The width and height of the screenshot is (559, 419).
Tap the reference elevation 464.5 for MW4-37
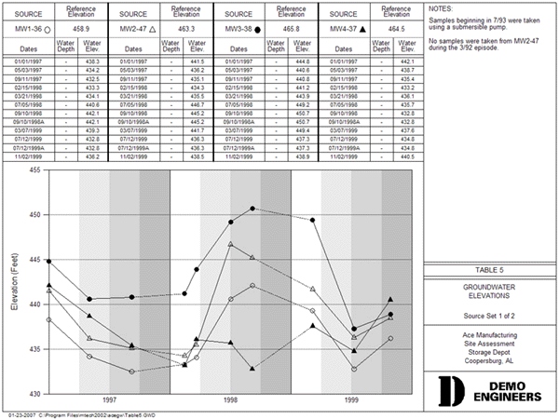coord(396,30)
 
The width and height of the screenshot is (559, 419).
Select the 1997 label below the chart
coord(109,399)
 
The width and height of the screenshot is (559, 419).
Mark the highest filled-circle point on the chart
coord(252,209)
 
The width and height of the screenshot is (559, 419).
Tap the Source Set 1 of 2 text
coord(489,316)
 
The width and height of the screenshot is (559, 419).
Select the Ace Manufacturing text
coord(489,332)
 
